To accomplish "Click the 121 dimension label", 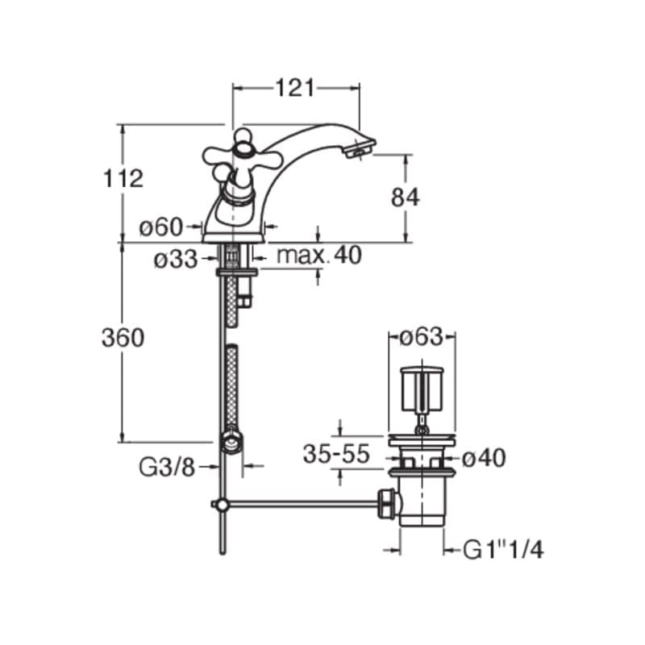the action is pos(294,88).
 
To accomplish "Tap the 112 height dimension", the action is pos(123,178).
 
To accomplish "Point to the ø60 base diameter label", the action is pos(160,227).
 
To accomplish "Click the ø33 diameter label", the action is pos(176,260).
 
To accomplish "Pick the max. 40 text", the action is pos(319,255).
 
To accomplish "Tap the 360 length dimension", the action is pos(123,338).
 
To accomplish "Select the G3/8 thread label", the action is pos(167,468).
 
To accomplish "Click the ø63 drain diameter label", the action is pos(421,337).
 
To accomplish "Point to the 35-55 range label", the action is pos(336,454).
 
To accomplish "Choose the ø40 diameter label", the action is pos(484,457).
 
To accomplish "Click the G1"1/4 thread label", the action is pos(503,549).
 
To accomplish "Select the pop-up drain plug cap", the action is pos(422,389).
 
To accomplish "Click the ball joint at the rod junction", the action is pos(223,505).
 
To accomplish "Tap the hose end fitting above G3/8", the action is pos(231,441).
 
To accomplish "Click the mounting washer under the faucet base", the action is pos(236,272).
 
